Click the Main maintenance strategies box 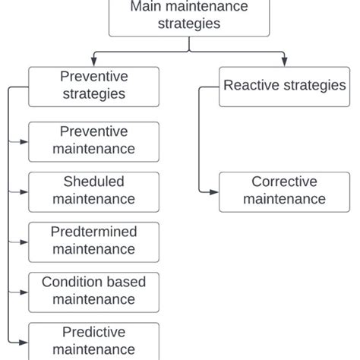pyautogui.click(x=189, y=17)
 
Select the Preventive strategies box pyautogui.click(x=93, y=86)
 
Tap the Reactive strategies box pyautogui.click(x=285, y=86)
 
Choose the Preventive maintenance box pyautogui.click(x=93, y=141)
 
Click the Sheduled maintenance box pyautogui.click(x=93, y=191)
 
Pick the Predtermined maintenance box pyautogui.click(x=93, y=241)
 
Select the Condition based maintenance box pyautogui.click(x=93, y=291)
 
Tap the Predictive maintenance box pyautogui.click(x=93, y=340)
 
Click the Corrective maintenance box pyautogui.click(x=285, y=191)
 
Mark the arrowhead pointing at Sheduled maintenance pyautogui.click(x=24, y=192)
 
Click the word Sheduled pyautogui.click(x=93, y=182)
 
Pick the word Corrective pyautogui.click(x=285, y=182)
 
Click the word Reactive pyautogui.click(x=249, y=86)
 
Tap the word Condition pyautogui.click(x=72, y=283)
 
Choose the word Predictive pyautogui.click(x=93, y=332)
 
